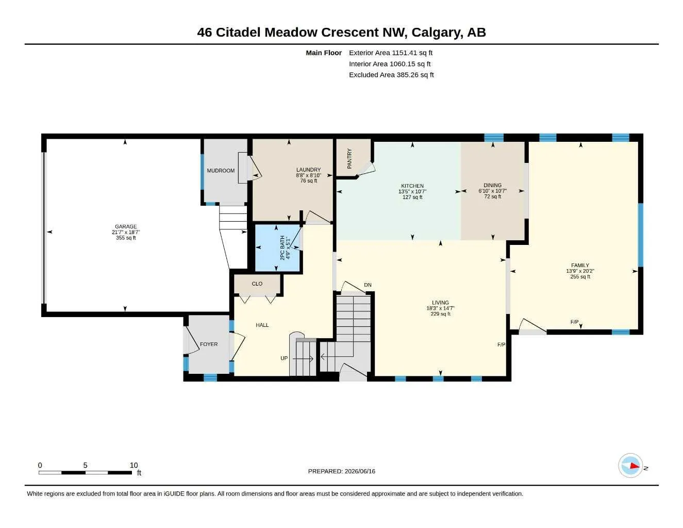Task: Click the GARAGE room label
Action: pyautogui.click(x=126, y=226)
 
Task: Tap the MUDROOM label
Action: pyautogui.click(x=221, y=171)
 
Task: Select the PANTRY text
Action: pyautogui.click(x=349, y=159)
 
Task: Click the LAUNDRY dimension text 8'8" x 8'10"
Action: pyautogui.click(x=308, y=175)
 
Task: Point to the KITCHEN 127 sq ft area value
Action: pyautogui.click(x=412, y=197)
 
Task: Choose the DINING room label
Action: pyautogui.click(x=492, y=185)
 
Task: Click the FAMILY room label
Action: pyautogui.click(x=580, y=265)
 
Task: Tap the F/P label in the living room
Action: pyautogui.click(x=502, y=345)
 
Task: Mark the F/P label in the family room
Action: pyautogui.click(x=574, y=322)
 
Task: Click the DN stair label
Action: pyautogui.click(x=368, y=285)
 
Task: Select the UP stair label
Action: pyautogui.click(x=284, y=358)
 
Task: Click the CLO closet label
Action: pyautogui.click(x=257, y=284)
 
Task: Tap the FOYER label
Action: pyautogui.click(x=209, y=344)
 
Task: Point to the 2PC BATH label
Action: pyautogui.click(x=282, y=247)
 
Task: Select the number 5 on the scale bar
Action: pyautogui.click(x=85, y=465)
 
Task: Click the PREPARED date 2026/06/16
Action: pyautogui.click(x=360, y=471)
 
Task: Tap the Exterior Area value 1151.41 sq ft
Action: pyautogui.click(x=412, y=53)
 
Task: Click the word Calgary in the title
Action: pyautogui.click(x=436, y=32)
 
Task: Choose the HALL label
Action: pyautogui.click(x=262, y=325)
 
